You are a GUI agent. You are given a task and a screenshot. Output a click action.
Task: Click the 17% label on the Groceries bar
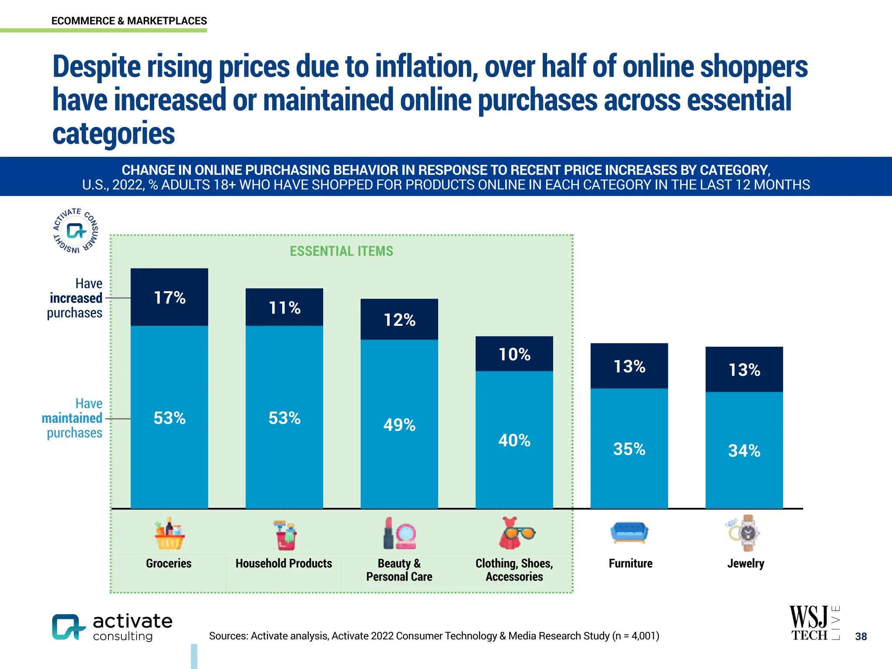[169, 298]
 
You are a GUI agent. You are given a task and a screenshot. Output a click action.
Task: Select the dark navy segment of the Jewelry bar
[744, 369]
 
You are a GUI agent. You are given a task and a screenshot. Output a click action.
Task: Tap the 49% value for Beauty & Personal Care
[399, 425]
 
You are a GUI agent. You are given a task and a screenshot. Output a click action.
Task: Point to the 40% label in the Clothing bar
[514, 440]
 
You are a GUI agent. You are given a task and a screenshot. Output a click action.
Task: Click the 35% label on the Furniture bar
[629, 449]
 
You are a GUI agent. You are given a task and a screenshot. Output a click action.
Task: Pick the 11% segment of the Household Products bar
[284, 307]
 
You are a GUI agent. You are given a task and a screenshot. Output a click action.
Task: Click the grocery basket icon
[169, 534]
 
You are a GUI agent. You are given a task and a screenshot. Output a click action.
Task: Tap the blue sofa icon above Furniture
[629, 532]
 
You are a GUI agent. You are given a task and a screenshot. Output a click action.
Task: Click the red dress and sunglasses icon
[515, 533]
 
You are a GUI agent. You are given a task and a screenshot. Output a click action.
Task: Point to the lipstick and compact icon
[399, 534]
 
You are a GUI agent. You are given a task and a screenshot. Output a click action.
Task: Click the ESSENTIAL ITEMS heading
[341, 251]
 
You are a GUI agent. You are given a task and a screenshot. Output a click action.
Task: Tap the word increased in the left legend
[76, 298]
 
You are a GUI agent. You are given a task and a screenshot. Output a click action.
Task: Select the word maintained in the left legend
[72, 418]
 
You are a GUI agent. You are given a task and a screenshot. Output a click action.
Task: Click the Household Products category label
[284, 564]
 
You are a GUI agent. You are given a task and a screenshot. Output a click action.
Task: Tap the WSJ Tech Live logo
[814, 623]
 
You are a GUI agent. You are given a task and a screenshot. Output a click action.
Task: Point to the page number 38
[861, 636]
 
